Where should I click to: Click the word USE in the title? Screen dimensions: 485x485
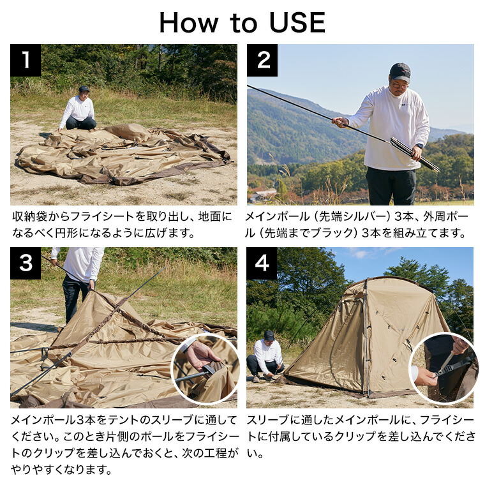tap(297, 22)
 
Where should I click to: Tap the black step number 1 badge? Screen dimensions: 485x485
tap(26, 60)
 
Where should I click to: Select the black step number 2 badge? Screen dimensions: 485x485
tap(262, 60)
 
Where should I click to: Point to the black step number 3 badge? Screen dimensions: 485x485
tap(26, 263)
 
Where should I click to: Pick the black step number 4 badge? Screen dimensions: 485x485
tap(262, 263)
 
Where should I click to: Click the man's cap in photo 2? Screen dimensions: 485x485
tap(400, 71)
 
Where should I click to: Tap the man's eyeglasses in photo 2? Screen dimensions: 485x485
tap(399, 86)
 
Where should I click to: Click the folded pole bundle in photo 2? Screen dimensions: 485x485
tap(414, 154)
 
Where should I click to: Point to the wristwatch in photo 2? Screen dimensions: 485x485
tap(419, 146)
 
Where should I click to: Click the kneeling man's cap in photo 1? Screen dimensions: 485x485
tap(84, 89)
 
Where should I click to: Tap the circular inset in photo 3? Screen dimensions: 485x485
tap(205, 369)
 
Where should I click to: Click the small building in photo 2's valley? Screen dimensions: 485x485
tap(262, 194)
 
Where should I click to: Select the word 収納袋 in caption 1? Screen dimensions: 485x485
tap(30, 217)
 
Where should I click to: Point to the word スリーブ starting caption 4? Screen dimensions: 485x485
tap(269, 420)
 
